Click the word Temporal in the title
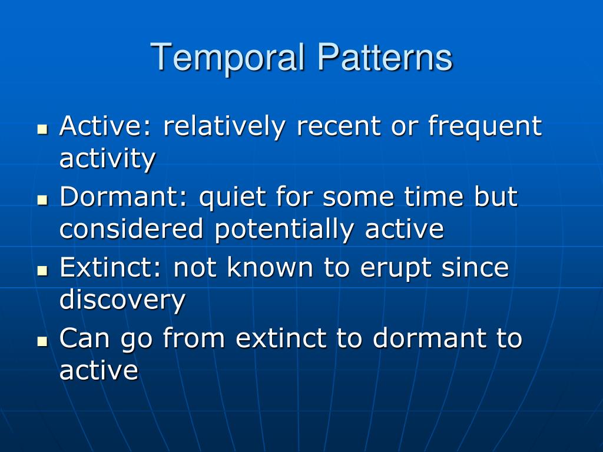tap(228, 58)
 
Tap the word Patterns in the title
tap(385, 57)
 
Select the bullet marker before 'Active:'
tap(42, 129)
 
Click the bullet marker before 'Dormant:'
tap(42, 200)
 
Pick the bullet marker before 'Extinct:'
tap(42, 271)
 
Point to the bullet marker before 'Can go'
tap(42, 341)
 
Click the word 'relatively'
tap(224, 127)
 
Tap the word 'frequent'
tap(485, 127)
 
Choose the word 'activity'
tap(108, 159)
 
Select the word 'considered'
tap(131, 229)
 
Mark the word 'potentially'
tap(284, 230)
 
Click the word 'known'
tap(270, 267)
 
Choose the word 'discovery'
tap(122, 300)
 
